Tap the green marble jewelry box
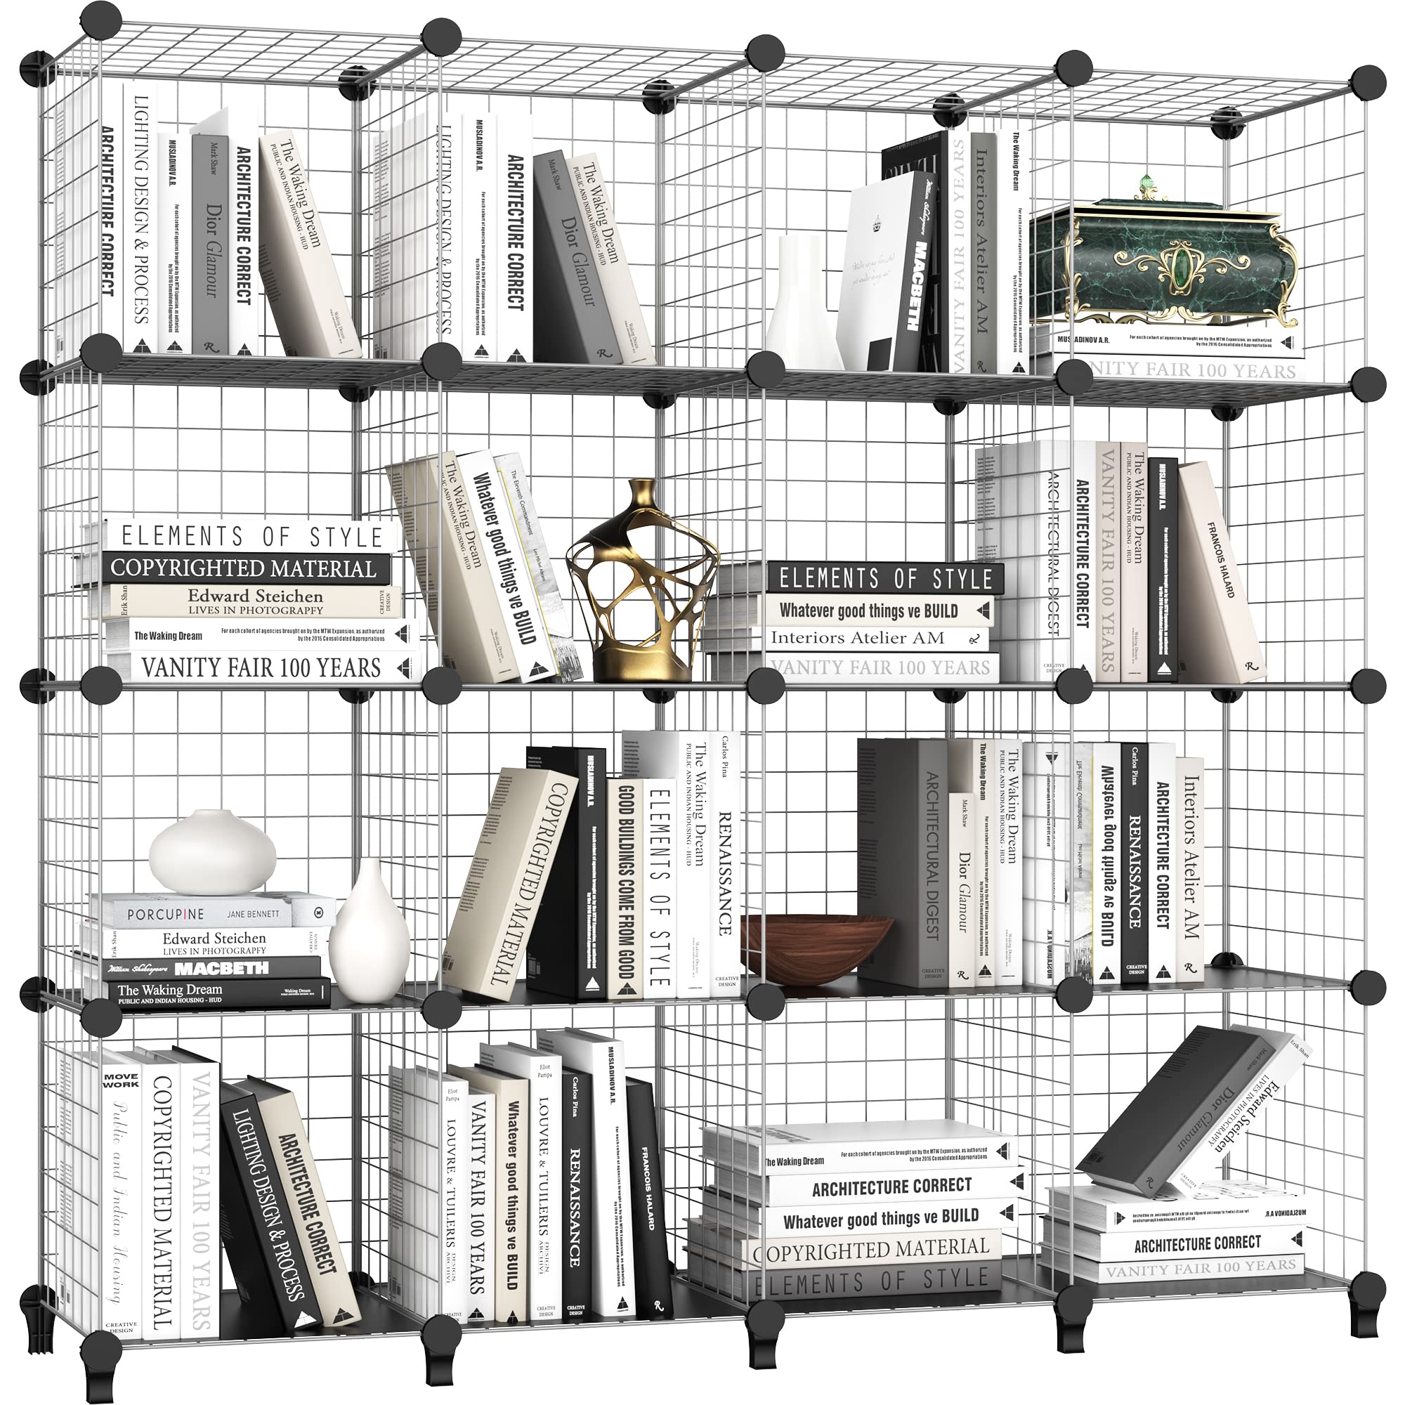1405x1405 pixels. pos(1163,269)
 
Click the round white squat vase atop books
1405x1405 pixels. pos(212,852)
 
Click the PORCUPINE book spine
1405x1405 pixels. pos(197,913)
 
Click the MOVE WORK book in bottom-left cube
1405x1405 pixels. pos(121,1193)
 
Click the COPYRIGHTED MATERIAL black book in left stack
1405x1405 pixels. pos(244,568)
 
